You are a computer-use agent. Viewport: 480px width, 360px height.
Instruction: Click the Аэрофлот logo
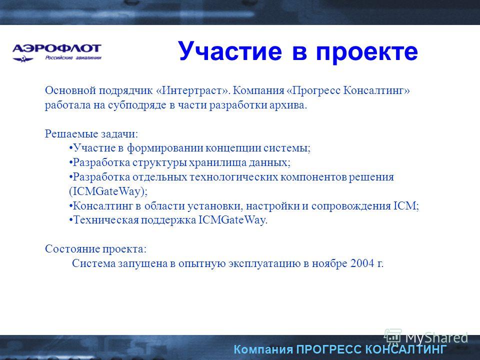coord(56,52)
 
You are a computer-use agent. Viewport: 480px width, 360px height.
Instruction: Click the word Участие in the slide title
coord(229,51)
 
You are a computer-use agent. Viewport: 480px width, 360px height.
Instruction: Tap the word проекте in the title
coord(366,51)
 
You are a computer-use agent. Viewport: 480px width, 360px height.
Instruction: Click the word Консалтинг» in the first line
coord(376,90)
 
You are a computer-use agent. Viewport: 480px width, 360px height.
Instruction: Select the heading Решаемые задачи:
coord(91,134)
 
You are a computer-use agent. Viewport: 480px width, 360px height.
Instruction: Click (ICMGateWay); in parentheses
coord(108,191)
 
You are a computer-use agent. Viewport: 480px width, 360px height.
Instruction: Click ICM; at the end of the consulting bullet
coord(406,205)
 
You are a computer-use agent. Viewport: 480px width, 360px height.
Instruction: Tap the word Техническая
coord(105,220)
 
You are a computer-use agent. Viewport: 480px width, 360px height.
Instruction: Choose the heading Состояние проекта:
coord(96,249)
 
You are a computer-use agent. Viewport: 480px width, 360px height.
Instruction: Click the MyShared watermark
coord(426,337)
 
